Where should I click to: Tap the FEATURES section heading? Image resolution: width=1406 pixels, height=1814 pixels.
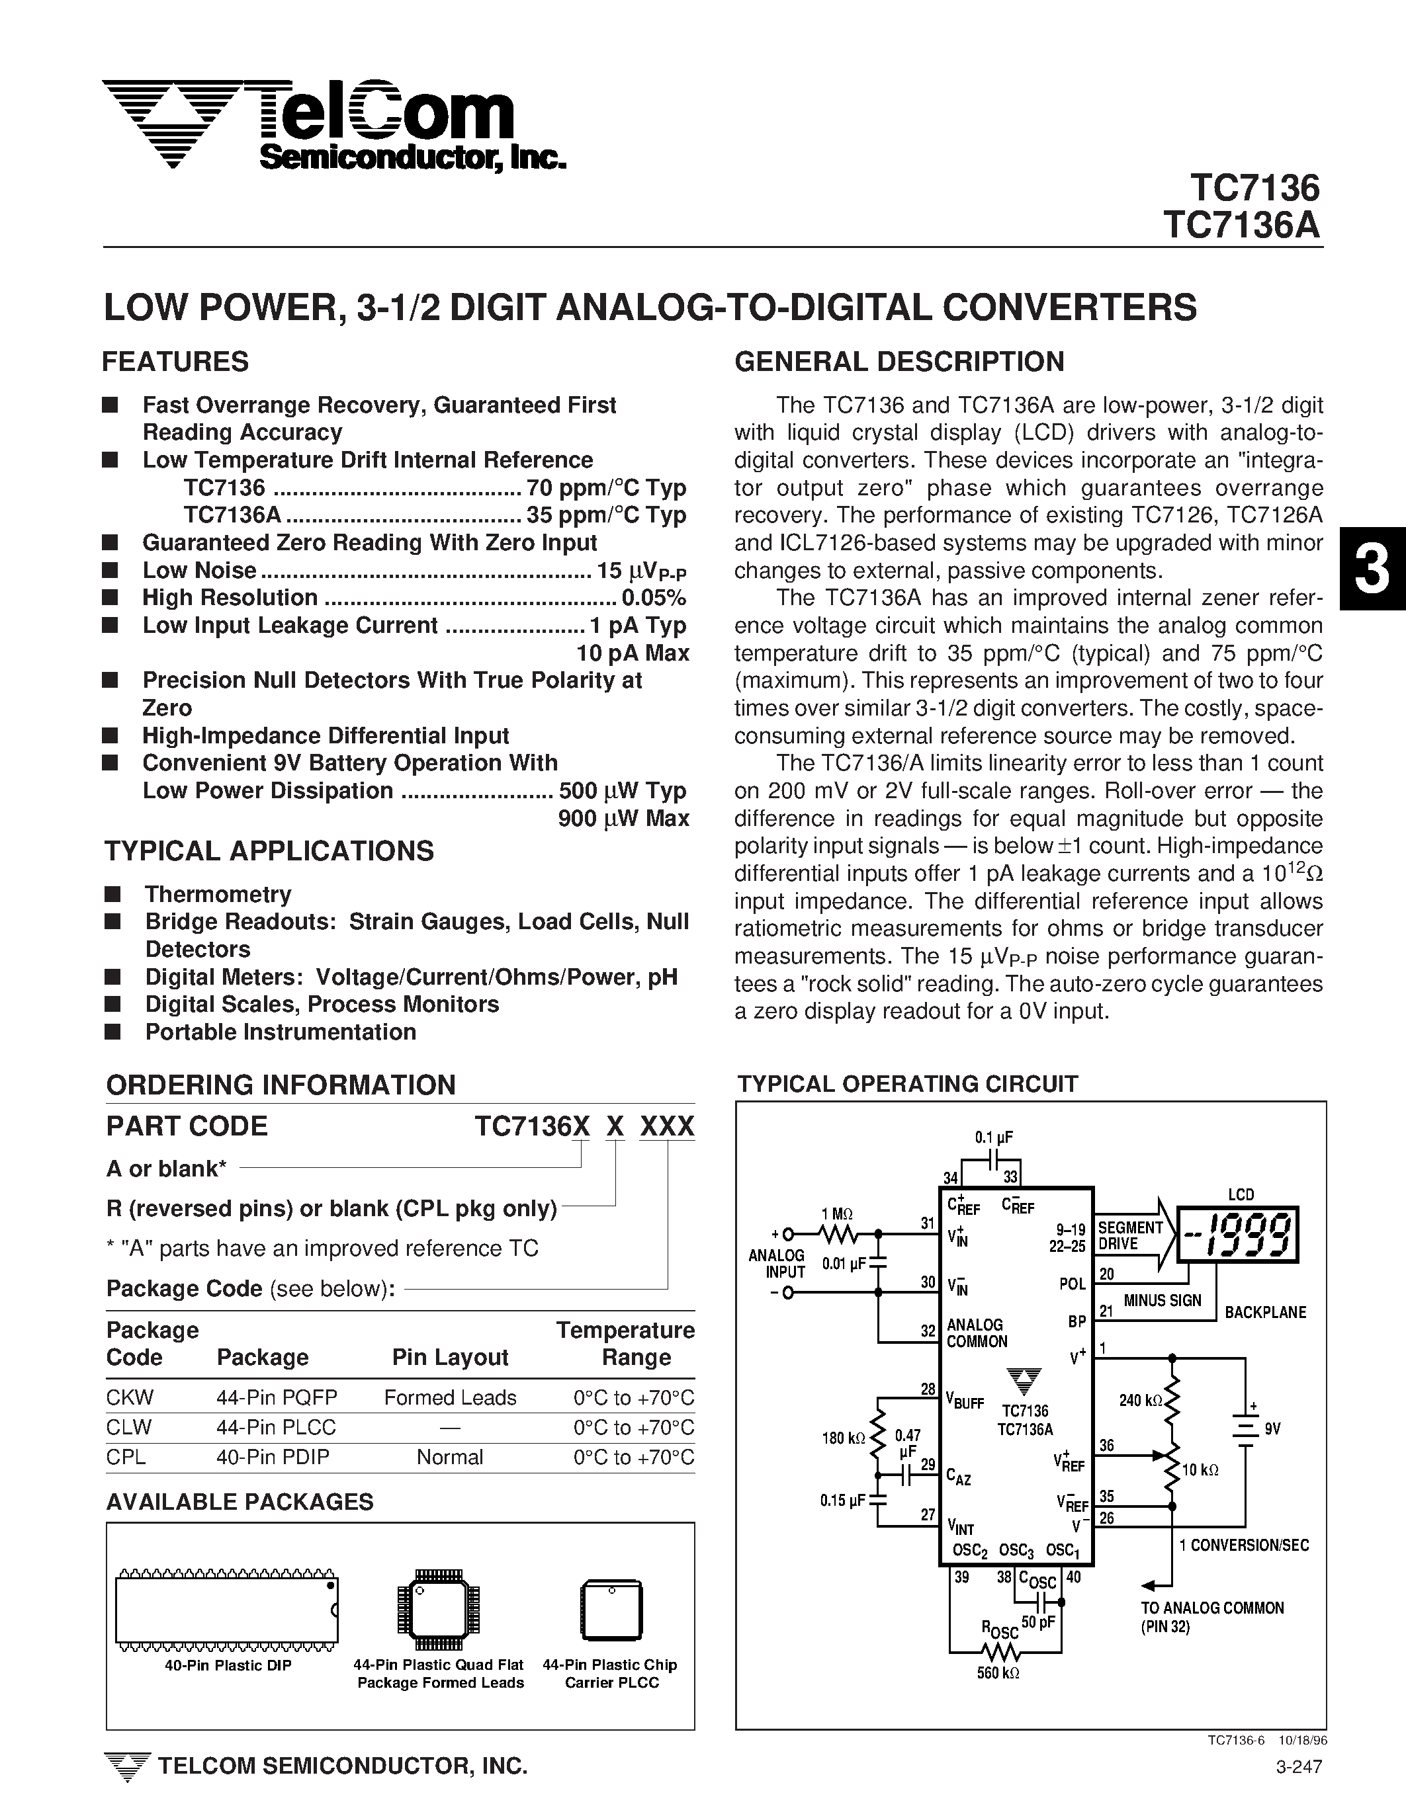tap(175, 362)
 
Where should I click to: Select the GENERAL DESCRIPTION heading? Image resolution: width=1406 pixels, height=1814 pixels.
tap(899, 362)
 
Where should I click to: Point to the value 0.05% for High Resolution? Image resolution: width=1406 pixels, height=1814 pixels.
tap(654, 598)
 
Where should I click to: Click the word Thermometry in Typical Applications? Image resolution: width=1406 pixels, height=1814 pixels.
tap(218, 895)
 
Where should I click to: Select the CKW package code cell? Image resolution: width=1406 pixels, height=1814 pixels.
tap(130, 1398)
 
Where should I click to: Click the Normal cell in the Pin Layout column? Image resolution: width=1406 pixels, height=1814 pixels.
tap(449, 1458)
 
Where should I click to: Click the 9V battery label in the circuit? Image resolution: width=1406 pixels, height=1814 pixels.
tap(1272, 1429)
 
